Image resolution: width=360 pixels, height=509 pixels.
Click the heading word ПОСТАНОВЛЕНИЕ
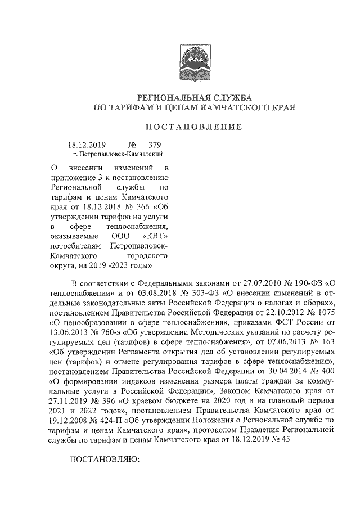click(193, 128)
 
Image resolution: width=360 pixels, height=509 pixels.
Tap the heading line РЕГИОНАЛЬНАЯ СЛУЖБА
click(193, 96)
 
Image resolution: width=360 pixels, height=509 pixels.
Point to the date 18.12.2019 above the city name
click(87, 144)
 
